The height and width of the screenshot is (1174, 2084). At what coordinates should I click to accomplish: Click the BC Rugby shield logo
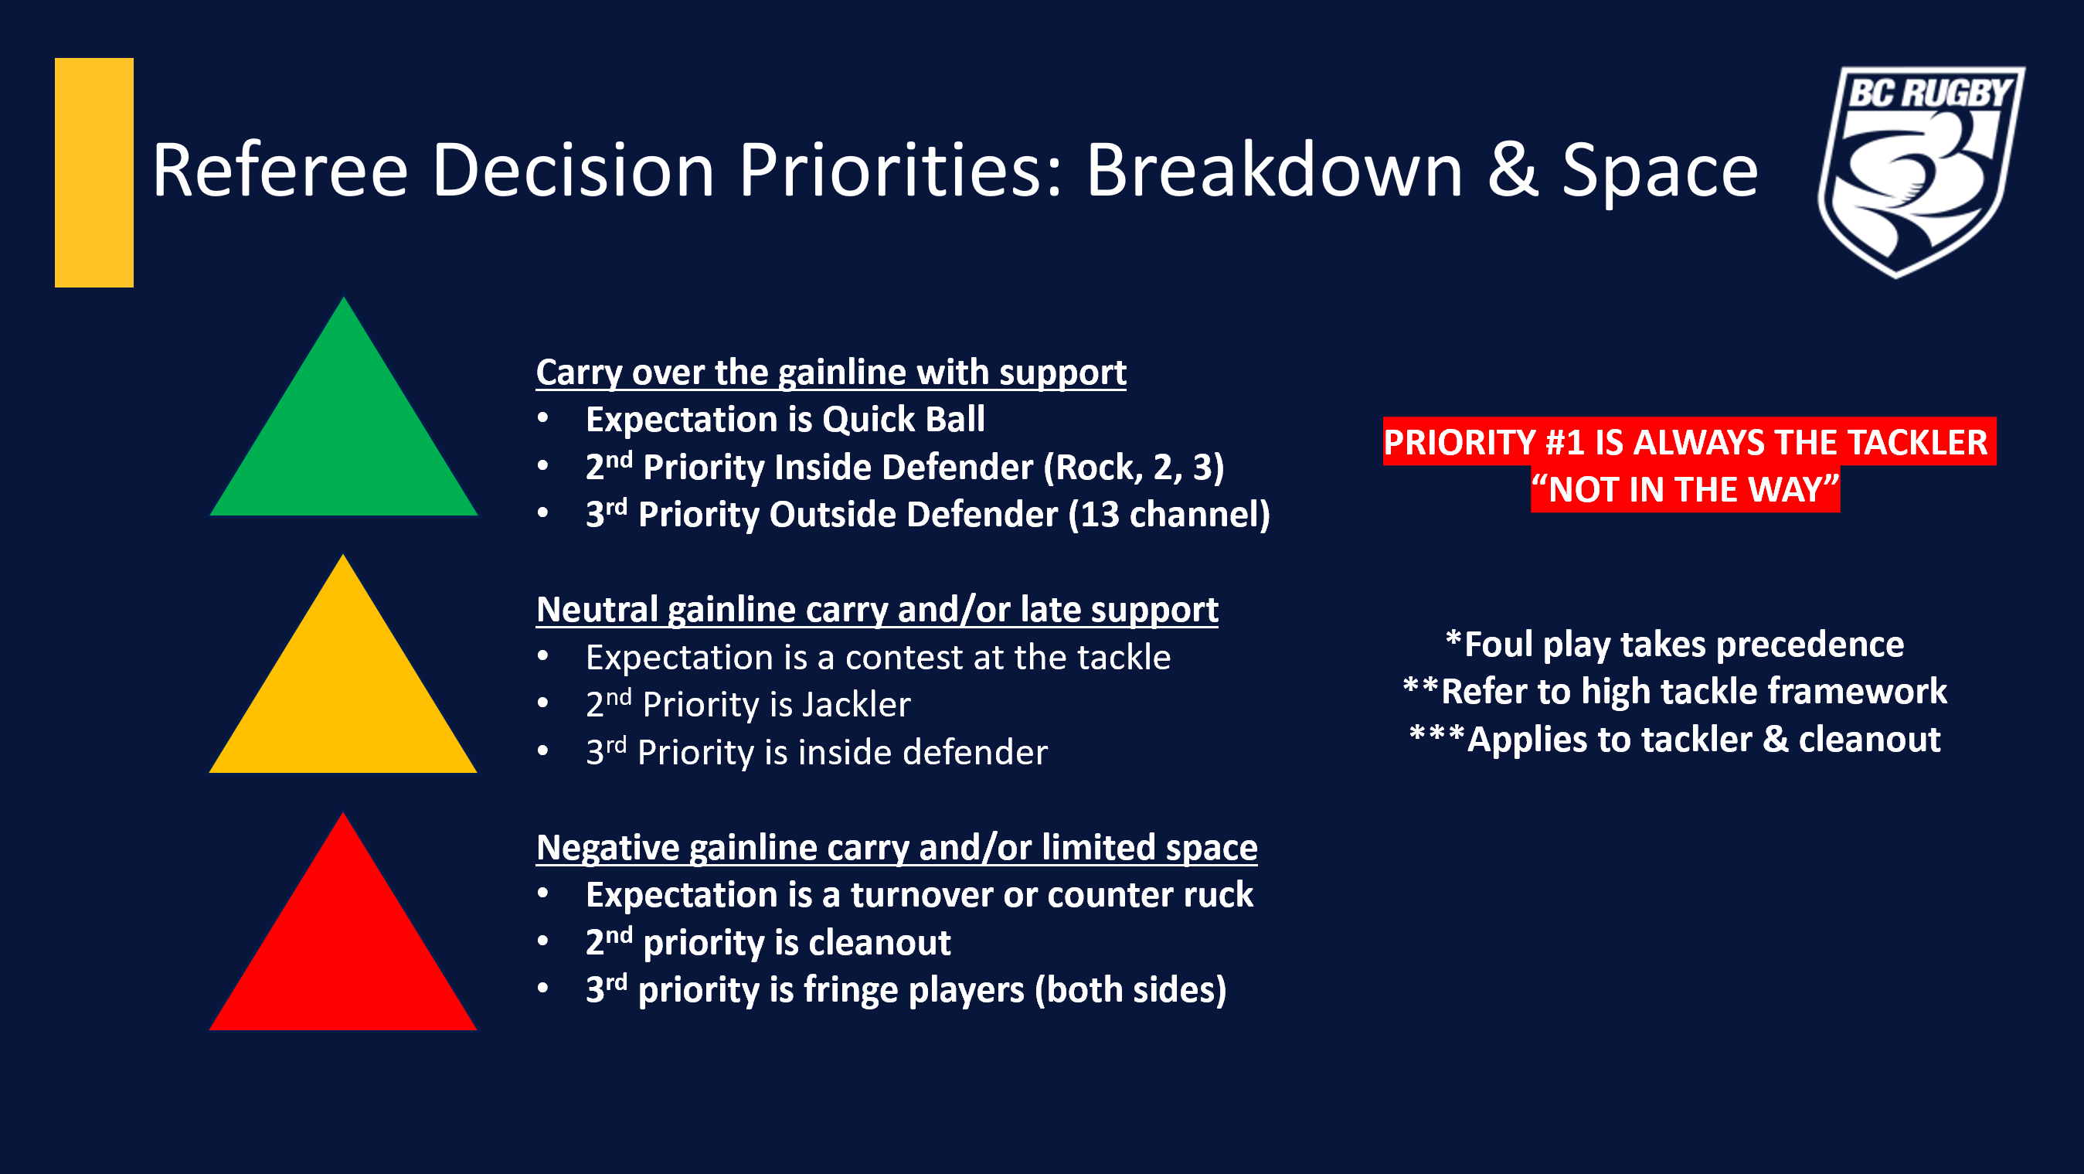click(1922, 172)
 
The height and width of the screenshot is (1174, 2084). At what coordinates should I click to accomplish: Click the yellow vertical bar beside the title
click(93, 172)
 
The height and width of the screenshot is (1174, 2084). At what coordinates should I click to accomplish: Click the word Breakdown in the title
click(1275, 170)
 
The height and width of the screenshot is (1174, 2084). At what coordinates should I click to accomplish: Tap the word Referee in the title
click(280, 170)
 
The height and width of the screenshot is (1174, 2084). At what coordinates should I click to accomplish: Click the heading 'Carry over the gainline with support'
click(831, 373)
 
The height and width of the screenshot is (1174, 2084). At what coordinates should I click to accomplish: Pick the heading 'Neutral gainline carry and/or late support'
click(877, 610)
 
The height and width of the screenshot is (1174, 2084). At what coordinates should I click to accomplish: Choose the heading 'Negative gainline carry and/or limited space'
click(896, 848)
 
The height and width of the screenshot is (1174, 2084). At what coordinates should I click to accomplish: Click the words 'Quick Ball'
click(903, 419)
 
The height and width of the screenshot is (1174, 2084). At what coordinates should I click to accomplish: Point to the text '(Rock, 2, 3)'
click(1134, 468)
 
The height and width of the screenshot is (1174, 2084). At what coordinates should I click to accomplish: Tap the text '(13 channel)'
click(1169, 516)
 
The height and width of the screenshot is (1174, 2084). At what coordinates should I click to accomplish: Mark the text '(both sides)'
click(1131, 990)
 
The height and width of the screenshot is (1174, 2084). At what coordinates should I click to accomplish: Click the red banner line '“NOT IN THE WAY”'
click(1685, 489)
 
